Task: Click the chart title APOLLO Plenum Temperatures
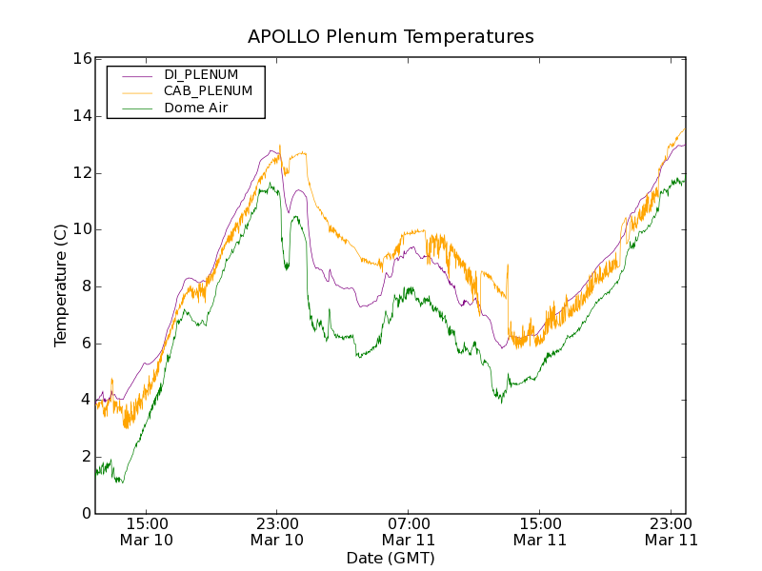pos(391,37)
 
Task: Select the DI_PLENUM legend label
pos(201,74)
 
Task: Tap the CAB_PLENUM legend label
pos(208,91)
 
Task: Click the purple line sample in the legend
pos(133,74)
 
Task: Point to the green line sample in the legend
pos(133,108)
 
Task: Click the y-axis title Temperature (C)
pos(61,285)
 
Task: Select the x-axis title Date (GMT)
pos(391,558)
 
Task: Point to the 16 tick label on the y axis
pos(82,59)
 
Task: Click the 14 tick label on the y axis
pos(82,116)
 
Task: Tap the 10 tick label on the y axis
pos(82,229)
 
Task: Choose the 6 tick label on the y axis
pos(86,343)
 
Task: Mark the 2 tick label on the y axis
pos(86,457)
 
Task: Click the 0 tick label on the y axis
pos(86,514)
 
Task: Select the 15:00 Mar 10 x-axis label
pos(146,532)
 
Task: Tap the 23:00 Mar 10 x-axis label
pos(277,532)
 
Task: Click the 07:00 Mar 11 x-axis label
pos(409,532)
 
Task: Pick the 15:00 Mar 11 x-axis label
pos(540,532)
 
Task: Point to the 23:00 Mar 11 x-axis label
pos(672,532)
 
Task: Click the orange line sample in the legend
pos(133,91)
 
